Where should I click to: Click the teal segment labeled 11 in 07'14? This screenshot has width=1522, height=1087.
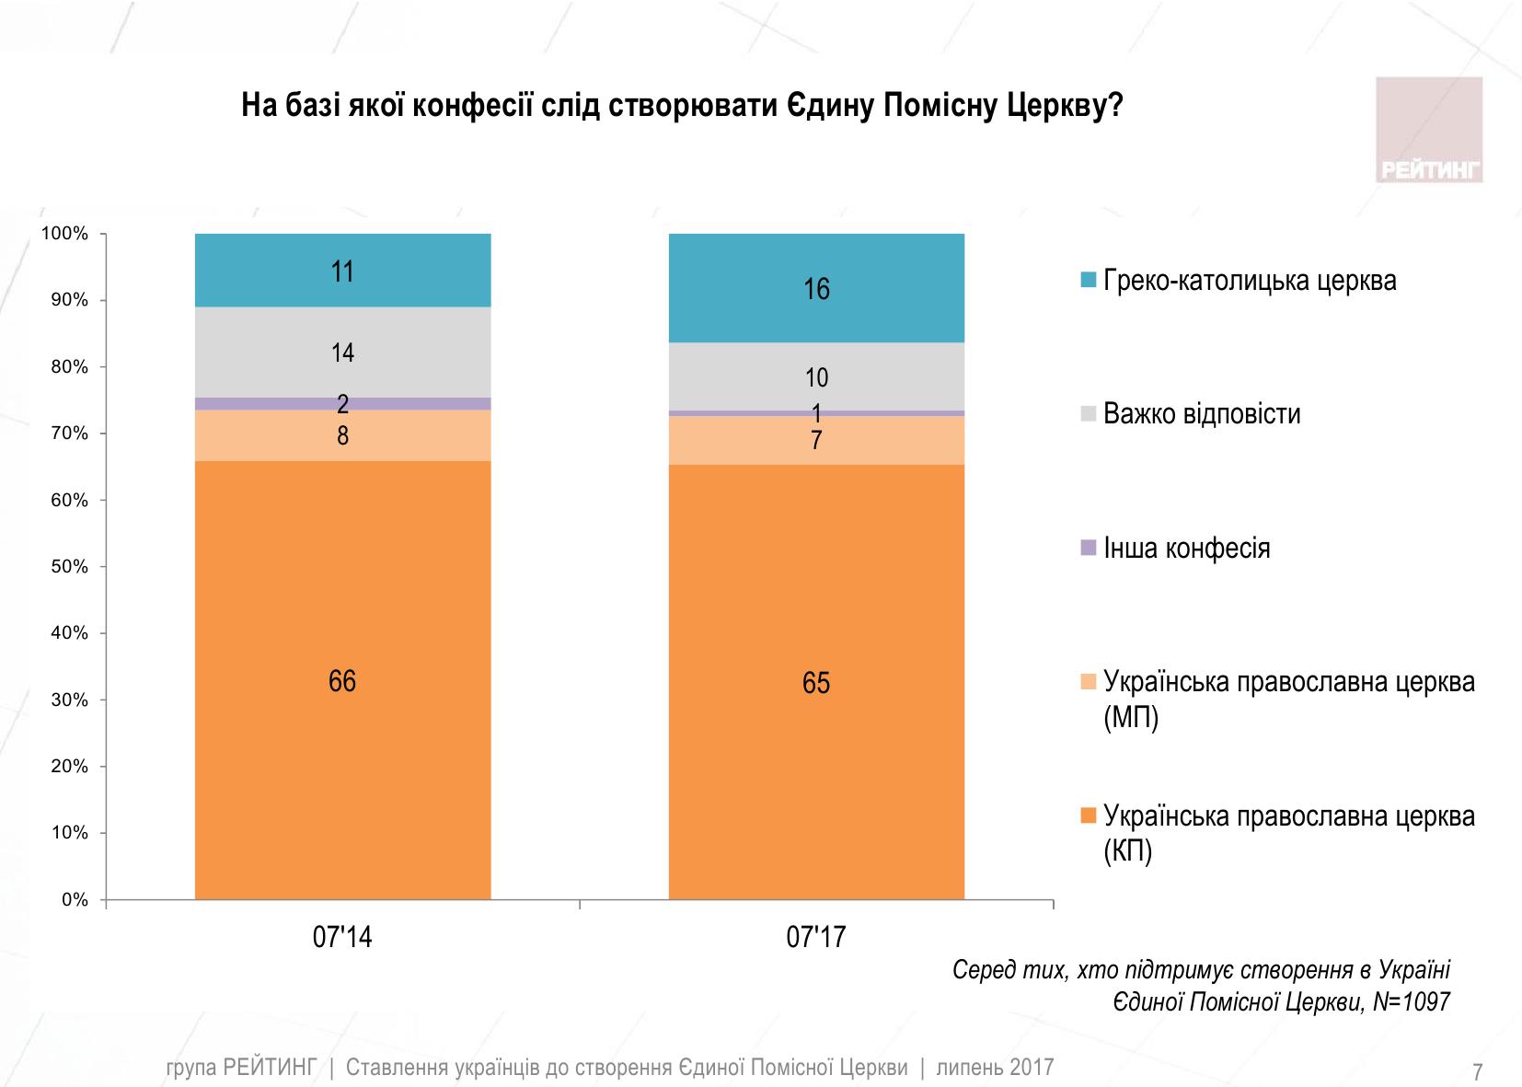[x=342, y=271]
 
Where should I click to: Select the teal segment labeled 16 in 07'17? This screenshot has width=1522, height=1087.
[x=816, y=289]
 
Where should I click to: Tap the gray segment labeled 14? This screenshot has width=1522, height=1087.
[x=342, y=353]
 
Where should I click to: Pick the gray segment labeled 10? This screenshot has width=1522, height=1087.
[x=816, y=376]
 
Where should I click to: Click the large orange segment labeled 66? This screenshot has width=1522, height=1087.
[x=342, y=681]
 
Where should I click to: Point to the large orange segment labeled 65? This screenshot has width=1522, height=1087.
[x=816, y=682]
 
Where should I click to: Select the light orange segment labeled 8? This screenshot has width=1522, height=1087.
[x=342, y=435]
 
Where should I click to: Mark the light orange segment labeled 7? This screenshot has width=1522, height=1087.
[x=816, y=441]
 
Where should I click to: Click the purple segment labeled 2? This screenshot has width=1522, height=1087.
[x=342, y=403]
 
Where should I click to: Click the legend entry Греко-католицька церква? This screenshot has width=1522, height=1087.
[x=1249, y=281]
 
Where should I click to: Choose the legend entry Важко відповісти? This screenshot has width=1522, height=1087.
[x=1201, y=413]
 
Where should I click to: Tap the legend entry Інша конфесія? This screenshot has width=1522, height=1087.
[x=1186, y=549]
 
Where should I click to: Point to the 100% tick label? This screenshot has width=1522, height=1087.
[x=65, y=234]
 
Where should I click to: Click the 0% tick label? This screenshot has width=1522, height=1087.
[x=75, y=900]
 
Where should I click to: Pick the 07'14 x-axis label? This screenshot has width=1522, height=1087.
[x=342, y=938]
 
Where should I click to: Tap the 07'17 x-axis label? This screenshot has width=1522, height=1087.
[x=816, y=938]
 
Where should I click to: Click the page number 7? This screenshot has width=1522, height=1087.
[x=1477, y=1072]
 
